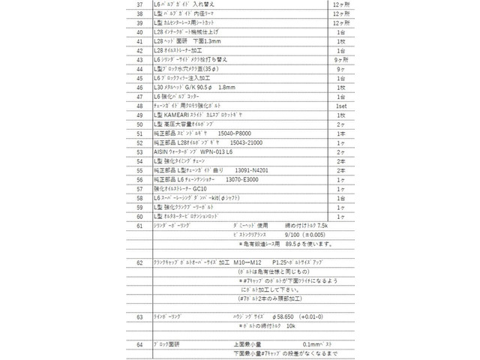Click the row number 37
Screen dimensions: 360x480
pyautogui.click(x=139, y=5)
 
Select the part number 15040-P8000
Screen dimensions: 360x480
pyautogui.click(x=229, y=133)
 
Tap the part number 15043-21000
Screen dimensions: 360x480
pyautogui.click(x=241, y=142)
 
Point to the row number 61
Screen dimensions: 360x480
pyautogui.click(x=139, y=225)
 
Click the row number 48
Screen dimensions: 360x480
pyautogui.click(x=139, y=106)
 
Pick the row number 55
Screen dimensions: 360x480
pyautogui.click(x=139, y=170)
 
